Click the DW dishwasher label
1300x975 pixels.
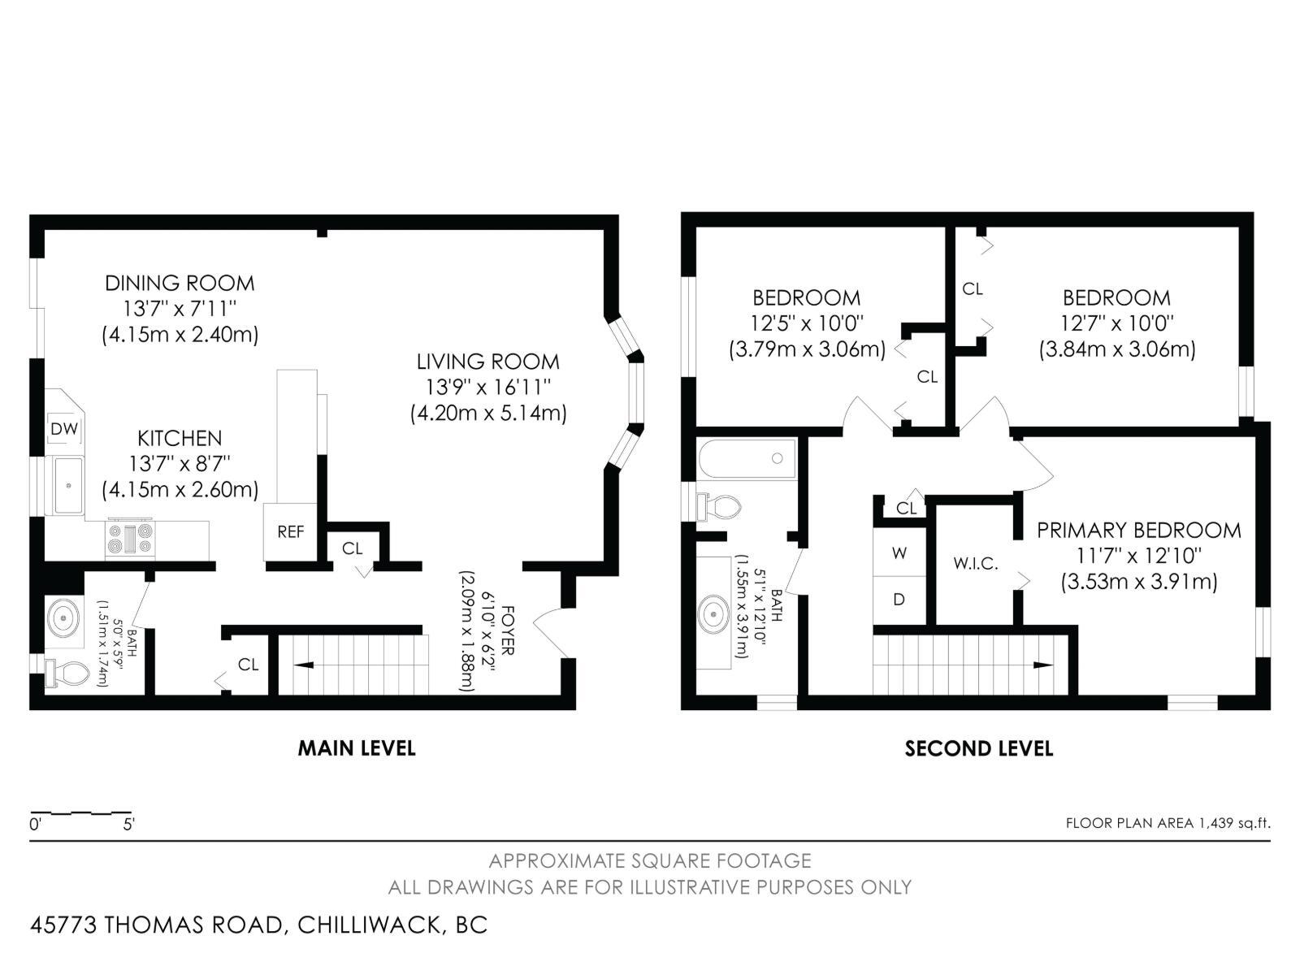pos(64,429)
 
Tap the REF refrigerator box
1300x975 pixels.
pos(290,531)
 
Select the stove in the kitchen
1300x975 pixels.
pos(130,539)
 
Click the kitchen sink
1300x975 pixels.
pos(69,485)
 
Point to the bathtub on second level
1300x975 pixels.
pos(746,458)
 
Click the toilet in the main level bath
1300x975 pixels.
pos(67,673)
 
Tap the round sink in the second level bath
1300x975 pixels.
pos(713,614)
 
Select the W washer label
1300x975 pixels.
pos(899,553)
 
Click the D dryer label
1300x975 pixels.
pos(899,600)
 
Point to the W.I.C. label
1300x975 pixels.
pos(976,564)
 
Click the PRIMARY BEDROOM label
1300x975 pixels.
pos(1139,531)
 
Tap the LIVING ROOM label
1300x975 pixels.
pos(488,361)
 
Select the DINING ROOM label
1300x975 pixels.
pos(180,283)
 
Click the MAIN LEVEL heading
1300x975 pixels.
pos(357,748)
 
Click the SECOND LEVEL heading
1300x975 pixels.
pos(979,749)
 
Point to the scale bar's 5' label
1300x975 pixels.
pos(128,824)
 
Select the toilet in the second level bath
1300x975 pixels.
pos(720,506)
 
